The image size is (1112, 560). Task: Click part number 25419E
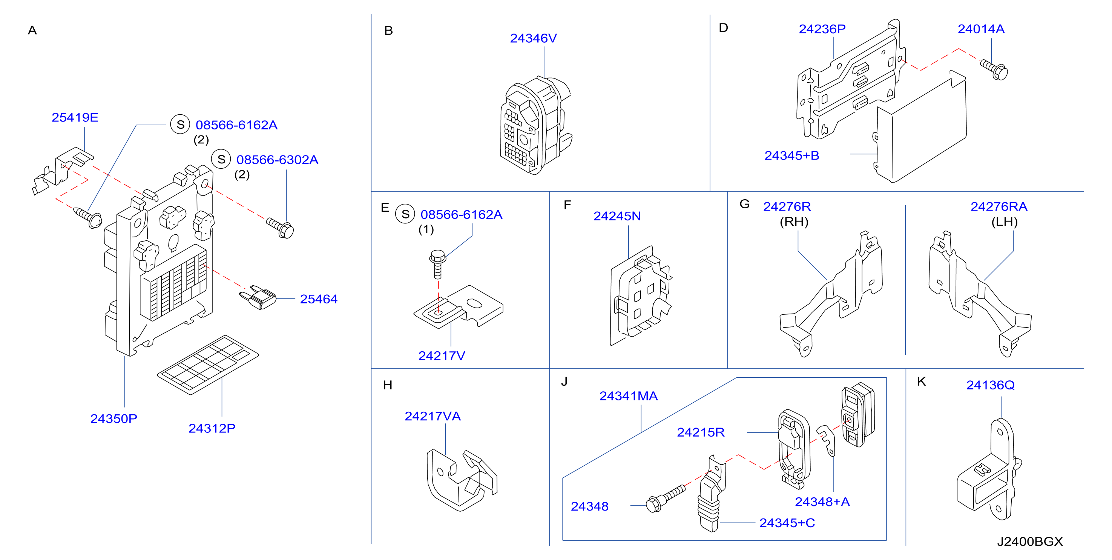coord(75,117)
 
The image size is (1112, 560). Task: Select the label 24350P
coord(114,419)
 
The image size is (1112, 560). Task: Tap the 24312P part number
coord(212,428)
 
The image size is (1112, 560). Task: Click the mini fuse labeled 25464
coord(258,297)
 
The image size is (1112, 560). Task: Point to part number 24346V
coord(534,38)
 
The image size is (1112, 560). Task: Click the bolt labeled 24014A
coord(994,69)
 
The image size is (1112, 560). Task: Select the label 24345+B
coord(792,155)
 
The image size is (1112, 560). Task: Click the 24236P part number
coord(822,29)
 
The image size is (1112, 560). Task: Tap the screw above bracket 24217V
coord(438,264)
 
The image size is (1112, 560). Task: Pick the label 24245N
coord(617,216)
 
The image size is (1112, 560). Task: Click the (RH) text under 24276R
coord(794,222)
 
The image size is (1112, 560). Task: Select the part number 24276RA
coord(999,206)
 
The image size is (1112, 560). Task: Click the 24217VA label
coord(433,416)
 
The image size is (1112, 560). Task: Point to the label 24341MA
coord(629,396)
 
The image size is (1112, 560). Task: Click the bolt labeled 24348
coord(665,498)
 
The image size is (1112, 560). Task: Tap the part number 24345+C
coord(787,523)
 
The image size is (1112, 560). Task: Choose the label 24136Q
coord(990,385)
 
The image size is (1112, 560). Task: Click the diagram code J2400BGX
coord(1030,542)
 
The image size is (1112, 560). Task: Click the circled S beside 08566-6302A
coord(221,160)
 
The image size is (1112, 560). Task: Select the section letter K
coord(921,382)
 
